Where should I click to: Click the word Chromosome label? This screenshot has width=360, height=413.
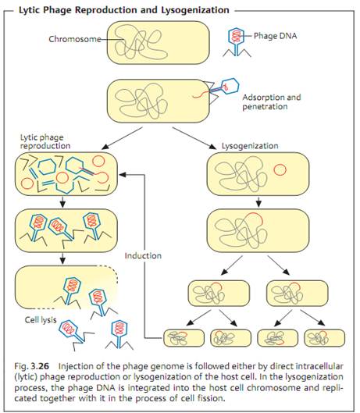tap(75, 39)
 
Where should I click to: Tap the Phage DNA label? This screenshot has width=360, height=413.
tap(275, 36)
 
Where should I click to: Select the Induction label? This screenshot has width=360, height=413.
tap(143, 256)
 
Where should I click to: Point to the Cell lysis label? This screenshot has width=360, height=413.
tap(41, 320)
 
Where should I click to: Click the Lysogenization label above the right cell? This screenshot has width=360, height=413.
tap(250, 146)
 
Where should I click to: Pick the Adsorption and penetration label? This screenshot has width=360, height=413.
tap(272, 102)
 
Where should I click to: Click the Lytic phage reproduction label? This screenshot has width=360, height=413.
tap(45, 141)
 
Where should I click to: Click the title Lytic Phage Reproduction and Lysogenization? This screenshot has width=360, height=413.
tap(124, 10)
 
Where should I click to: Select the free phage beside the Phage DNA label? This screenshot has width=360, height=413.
tap(237, 42)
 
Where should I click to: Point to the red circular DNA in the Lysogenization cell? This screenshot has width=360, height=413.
tap(280, 170)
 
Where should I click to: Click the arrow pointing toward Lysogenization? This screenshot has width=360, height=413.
tap(194, 138)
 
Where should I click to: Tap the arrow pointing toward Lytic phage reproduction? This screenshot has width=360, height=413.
tap(123, 138)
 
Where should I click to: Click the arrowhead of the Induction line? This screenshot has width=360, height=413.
tap(122, 174)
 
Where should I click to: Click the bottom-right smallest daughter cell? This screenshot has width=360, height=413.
tap(325, 338)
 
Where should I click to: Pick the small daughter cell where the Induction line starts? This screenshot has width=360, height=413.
tap(184, 338)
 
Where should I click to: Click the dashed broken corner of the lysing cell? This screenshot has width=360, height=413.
tap(108, 271)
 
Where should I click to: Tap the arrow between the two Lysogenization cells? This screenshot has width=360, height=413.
tap(258, 201)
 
